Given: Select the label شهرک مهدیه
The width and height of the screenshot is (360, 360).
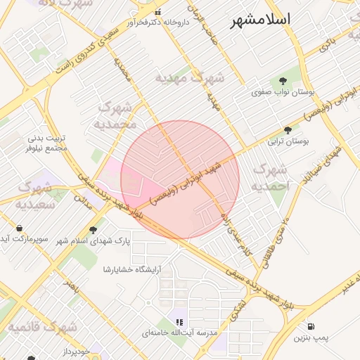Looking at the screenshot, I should pyautogui.click(x=189, y=77).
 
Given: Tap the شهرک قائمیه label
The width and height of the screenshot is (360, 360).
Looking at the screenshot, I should pyautogui.click(x=42, y=327).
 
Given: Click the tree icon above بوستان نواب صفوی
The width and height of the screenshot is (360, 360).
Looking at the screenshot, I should pyautogui.click(x=283, y=80).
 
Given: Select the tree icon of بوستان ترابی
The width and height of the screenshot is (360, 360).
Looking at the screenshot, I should pyautogui.click(x=288, y=130).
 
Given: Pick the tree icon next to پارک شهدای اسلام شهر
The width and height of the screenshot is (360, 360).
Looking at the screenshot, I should pyautogui.click(x=93, y=230).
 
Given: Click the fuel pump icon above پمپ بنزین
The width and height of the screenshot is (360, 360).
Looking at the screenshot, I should pyautogui.click(x=311, y=327).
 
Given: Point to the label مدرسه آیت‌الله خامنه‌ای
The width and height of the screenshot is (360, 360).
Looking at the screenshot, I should pyautogui.click(x=180, y=332).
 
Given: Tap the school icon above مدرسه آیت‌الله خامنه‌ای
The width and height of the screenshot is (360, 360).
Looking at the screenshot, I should pyautogui.click(x=180, y=321).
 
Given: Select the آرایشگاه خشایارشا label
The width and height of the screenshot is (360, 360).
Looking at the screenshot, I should pyautogui.click(x=132, y=269).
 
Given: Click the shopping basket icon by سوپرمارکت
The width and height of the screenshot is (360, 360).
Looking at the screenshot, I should pyautogui.click(x=19, y=228).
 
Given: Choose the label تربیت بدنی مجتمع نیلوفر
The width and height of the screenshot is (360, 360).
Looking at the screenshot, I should pyautogui.click(x=46, y=143).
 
